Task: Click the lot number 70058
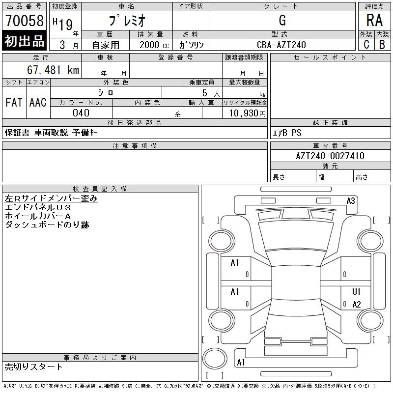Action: coord(24,21)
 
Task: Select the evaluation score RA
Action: coord(374,21)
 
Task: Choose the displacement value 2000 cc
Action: coord(153,45)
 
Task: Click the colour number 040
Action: coord(81,113)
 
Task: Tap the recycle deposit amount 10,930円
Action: coord(245,113)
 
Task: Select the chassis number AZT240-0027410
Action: coord(330,156)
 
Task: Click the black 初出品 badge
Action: coord(24,41)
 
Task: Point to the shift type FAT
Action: coord(14,102)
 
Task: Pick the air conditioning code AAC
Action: coord(38,102)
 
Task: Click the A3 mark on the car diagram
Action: coord(351,200)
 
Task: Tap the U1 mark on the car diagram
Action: coord(357,292)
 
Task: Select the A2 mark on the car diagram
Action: coord(357,305)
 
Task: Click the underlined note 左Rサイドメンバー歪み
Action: coord(51,198)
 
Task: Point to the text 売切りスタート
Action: coord(34,366)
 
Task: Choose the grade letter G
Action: coord(282,21)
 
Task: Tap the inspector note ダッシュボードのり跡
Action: coord(47,225)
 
